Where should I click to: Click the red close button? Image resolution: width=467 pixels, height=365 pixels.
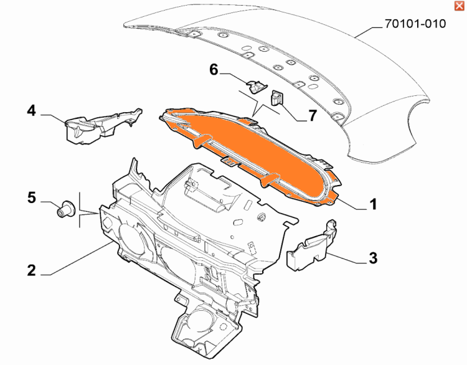pos(459,6)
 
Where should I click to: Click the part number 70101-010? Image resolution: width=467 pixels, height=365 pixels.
pos(415,24)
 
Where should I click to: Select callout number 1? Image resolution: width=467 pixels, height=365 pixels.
pos(373,204)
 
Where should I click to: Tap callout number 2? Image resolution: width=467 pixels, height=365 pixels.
pos(32,270)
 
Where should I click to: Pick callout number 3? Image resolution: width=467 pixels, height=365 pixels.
pos(373,258)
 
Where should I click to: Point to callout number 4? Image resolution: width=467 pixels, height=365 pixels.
pos(31,110)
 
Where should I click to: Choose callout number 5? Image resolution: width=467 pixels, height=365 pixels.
pos(32,197)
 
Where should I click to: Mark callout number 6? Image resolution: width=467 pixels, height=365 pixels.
pos(214,70)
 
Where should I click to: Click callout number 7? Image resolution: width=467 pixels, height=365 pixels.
pos(312,116)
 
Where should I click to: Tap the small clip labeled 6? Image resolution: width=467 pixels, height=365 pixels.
pos(256,86)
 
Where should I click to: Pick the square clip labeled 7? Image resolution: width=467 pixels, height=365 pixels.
pos(276,98)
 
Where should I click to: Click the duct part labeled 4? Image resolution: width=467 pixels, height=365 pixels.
pos(103,127)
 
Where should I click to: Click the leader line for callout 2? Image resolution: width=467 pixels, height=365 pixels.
pos(77,258)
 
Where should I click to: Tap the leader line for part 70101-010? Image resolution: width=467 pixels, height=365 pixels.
pos(369,32)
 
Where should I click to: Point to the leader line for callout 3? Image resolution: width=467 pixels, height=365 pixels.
pos(346,258)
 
